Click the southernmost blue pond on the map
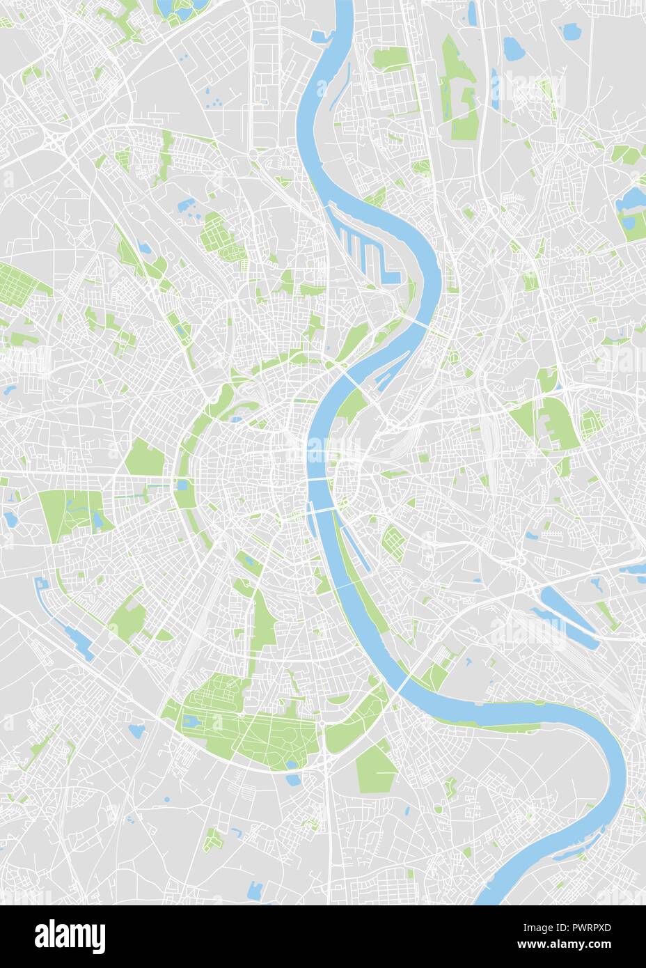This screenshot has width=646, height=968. (x=255, y=888)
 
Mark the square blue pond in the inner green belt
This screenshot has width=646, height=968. (x=183, y=485)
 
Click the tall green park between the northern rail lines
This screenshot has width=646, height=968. (x=459, y=91)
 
